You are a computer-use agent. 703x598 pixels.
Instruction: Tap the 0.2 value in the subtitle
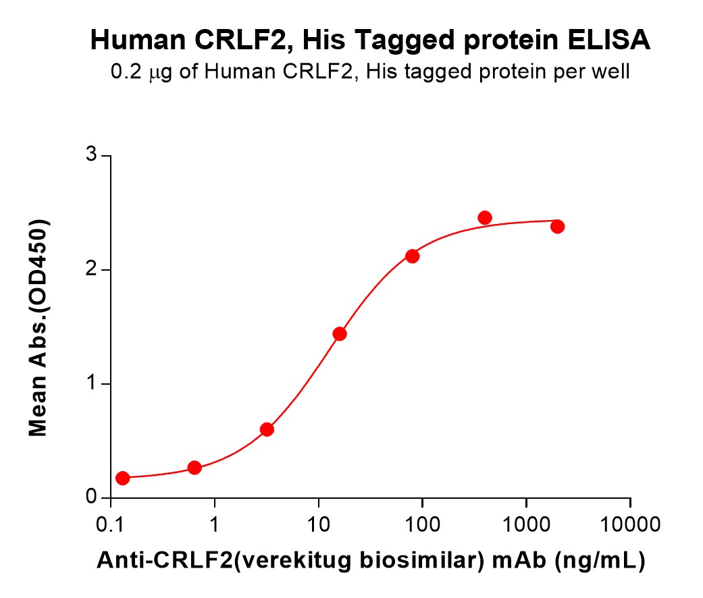coord(126,72)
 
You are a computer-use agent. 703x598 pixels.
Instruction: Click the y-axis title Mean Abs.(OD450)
coord(38,327)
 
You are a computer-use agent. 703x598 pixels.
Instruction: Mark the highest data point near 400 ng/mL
coord(485,217)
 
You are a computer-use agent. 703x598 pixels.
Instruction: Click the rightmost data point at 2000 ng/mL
coord(557,226)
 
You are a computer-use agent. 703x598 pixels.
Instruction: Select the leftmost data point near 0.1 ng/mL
coord(122,478)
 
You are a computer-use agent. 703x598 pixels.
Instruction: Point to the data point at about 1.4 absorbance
coord(340,334)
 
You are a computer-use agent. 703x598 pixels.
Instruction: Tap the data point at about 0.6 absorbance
coord(267,429)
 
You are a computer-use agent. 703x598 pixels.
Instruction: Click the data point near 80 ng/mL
coord(413,256)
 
